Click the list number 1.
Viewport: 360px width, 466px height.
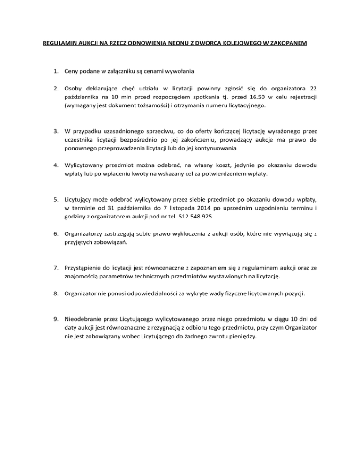(x=55, y=71)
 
